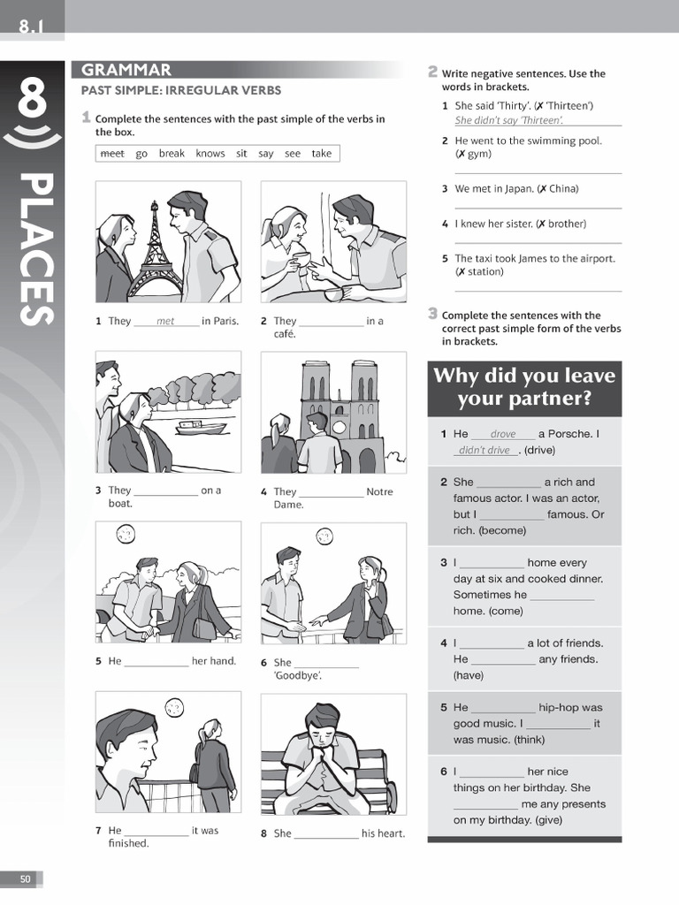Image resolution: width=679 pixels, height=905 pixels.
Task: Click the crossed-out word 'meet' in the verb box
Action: tap(112, 154)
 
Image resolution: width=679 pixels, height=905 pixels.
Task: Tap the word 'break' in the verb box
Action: tap(172, 154)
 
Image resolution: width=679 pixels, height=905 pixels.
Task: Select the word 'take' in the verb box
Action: tap(322, 154)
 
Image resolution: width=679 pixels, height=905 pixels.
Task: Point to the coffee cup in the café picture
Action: tap(301, 258)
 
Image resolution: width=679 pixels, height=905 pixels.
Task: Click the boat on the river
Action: tap(202, 427)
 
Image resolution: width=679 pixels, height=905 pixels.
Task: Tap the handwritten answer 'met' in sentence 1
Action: tap(165, 322)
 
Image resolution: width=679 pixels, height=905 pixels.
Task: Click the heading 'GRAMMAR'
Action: tap(126, 71)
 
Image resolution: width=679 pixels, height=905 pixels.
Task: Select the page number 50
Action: tap(25, 878)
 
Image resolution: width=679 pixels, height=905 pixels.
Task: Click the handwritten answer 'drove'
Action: tap(502, 434)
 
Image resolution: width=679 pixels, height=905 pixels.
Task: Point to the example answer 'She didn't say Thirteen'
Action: tap(509, 120)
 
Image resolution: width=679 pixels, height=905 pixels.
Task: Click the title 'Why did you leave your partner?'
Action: tap(524, 387)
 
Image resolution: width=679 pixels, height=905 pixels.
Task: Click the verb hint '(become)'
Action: tap(502, 530)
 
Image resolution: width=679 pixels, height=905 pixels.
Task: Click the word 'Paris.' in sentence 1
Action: tap(220, 322)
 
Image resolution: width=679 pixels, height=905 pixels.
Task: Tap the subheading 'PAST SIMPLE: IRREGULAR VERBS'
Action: tap(181, 90)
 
